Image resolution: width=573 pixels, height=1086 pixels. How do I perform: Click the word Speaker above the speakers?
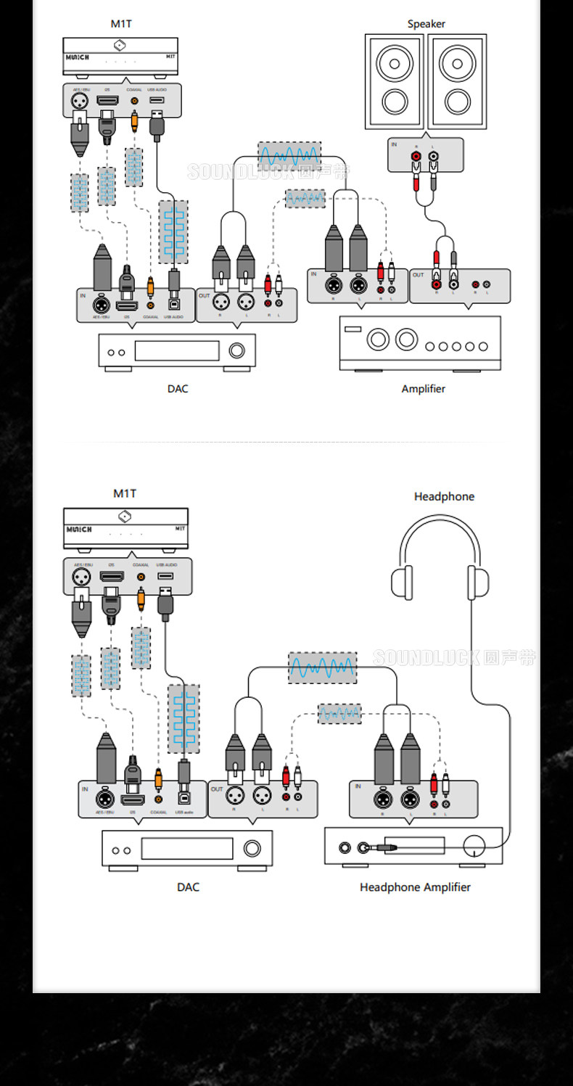(x=426, y=24)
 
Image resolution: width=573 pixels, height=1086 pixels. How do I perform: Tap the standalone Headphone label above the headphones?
(x=444, y=496)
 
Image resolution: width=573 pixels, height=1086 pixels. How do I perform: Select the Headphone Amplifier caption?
(x=415, y=887)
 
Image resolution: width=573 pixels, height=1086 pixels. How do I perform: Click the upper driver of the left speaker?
(x=395, y=63)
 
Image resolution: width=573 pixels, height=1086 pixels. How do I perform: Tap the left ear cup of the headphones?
(x=402, y=582)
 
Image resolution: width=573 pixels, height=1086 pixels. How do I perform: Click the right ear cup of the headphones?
(x=478, y=582)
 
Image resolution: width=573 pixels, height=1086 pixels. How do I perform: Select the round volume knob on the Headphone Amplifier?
(x=475, y=845)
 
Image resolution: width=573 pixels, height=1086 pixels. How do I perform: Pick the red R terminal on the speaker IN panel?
(x=416, y=155)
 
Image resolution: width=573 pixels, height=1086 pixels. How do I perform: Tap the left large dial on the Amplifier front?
(x=378, y=339)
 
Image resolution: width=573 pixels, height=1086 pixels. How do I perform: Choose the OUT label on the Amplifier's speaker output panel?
(x=418, y=275)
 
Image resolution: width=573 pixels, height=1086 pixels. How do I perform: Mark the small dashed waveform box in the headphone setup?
(x=339, y=714)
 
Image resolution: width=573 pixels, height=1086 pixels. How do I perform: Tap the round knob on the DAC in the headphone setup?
(x=252, y=848)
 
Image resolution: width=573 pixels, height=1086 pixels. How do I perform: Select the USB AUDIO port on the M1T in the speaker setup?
(x=157, y=101)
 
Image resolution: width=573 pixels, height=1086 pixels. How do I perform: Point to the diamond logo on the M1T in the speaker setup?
(x=120, y=46)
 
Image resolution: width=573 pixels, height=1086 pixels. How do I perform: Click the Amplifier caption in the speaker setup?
(x=424, y=388)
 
